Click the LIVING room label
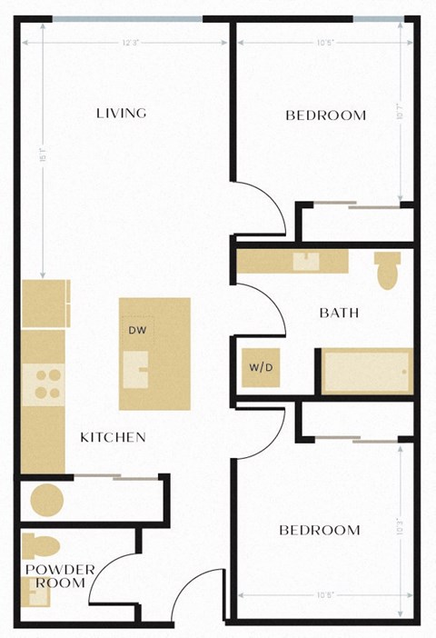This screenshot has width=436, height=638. point(122,114)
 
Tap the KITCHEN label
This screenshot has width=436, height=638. point(114,437)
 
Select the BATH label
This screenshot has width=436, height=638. point(339,313)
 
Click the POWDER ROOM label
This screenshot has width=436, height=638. point(60,576)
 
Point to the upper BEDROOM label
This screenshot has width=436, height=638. point(325,115)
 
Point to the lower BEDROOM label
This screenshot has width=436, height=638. point(319,530)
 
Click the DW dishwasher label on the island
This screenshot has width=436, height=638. point(138,330)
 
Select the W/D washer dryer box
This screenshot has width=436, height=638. point(259,368)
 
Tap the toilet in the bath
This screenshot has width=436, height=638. point(388,270)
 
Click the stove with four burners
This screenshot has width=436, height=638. point(43,384)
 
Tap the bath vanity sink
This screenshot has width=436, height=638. point(306,262)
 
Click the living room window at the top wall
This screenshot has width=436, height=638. point(127,18)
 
